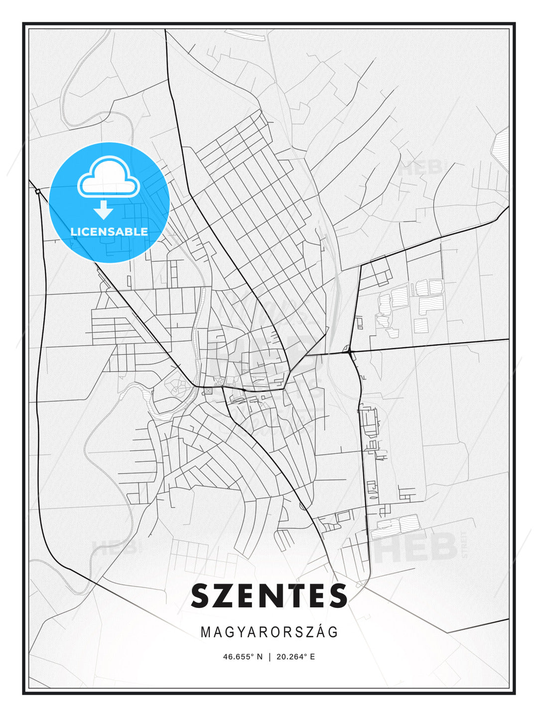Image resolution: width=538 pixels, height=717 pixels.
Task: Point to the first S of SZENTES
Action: (202, 596)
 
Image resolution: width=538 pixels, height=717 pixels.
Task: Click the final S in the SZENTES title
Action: (337, 596)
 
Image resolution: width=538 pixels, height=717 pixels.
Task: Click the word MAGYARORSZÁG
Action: (269, 632)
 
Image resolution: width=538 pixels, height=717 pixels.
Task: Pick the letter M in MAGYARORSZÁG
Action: (205, 632)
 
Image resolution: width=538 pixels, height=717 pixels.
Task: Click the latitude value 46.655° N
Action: (243, 657)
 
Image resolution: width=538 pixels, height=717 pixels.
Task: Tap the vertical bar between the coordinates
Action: (269, 657)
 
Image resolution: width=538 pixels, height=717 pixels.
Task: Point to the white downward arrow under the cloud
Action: (104, 210)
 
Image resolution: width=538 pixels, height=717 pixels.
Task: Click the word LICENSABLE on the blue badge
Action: (109, 232)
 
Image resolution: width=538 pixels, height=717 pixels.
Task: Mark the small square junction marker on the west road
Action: (38, 191)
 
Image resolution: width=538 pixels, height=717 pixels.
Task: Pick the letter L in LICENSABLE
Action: (73, 232)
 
